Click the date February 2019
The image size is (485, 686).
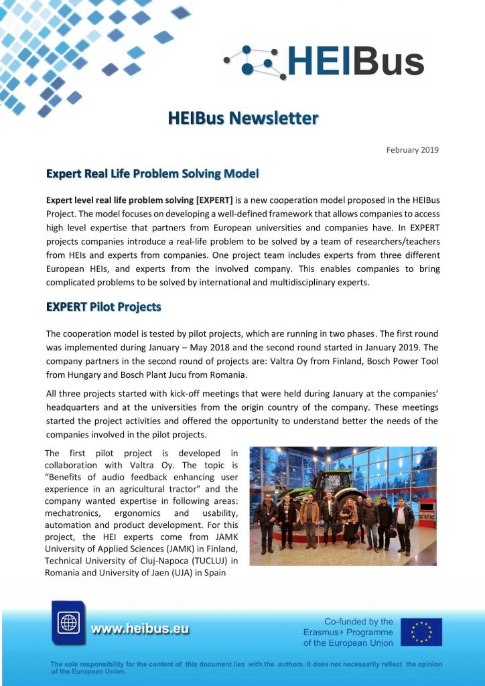pos(412,149)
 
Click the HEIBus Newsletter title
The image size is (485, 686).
pos(242,119)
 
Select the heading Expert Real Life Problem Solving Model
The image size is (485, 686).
pos(152,174)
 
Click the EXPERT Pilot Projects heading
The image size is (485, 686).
pos(103,307)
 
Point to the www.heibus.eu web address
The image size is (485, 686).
pos(139,628)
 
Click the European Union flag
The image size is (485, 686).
pos(421,632)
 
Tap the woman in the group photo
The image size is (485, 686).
pos(350,519)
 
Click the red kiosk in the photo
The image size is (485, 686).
pos(426,512)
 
